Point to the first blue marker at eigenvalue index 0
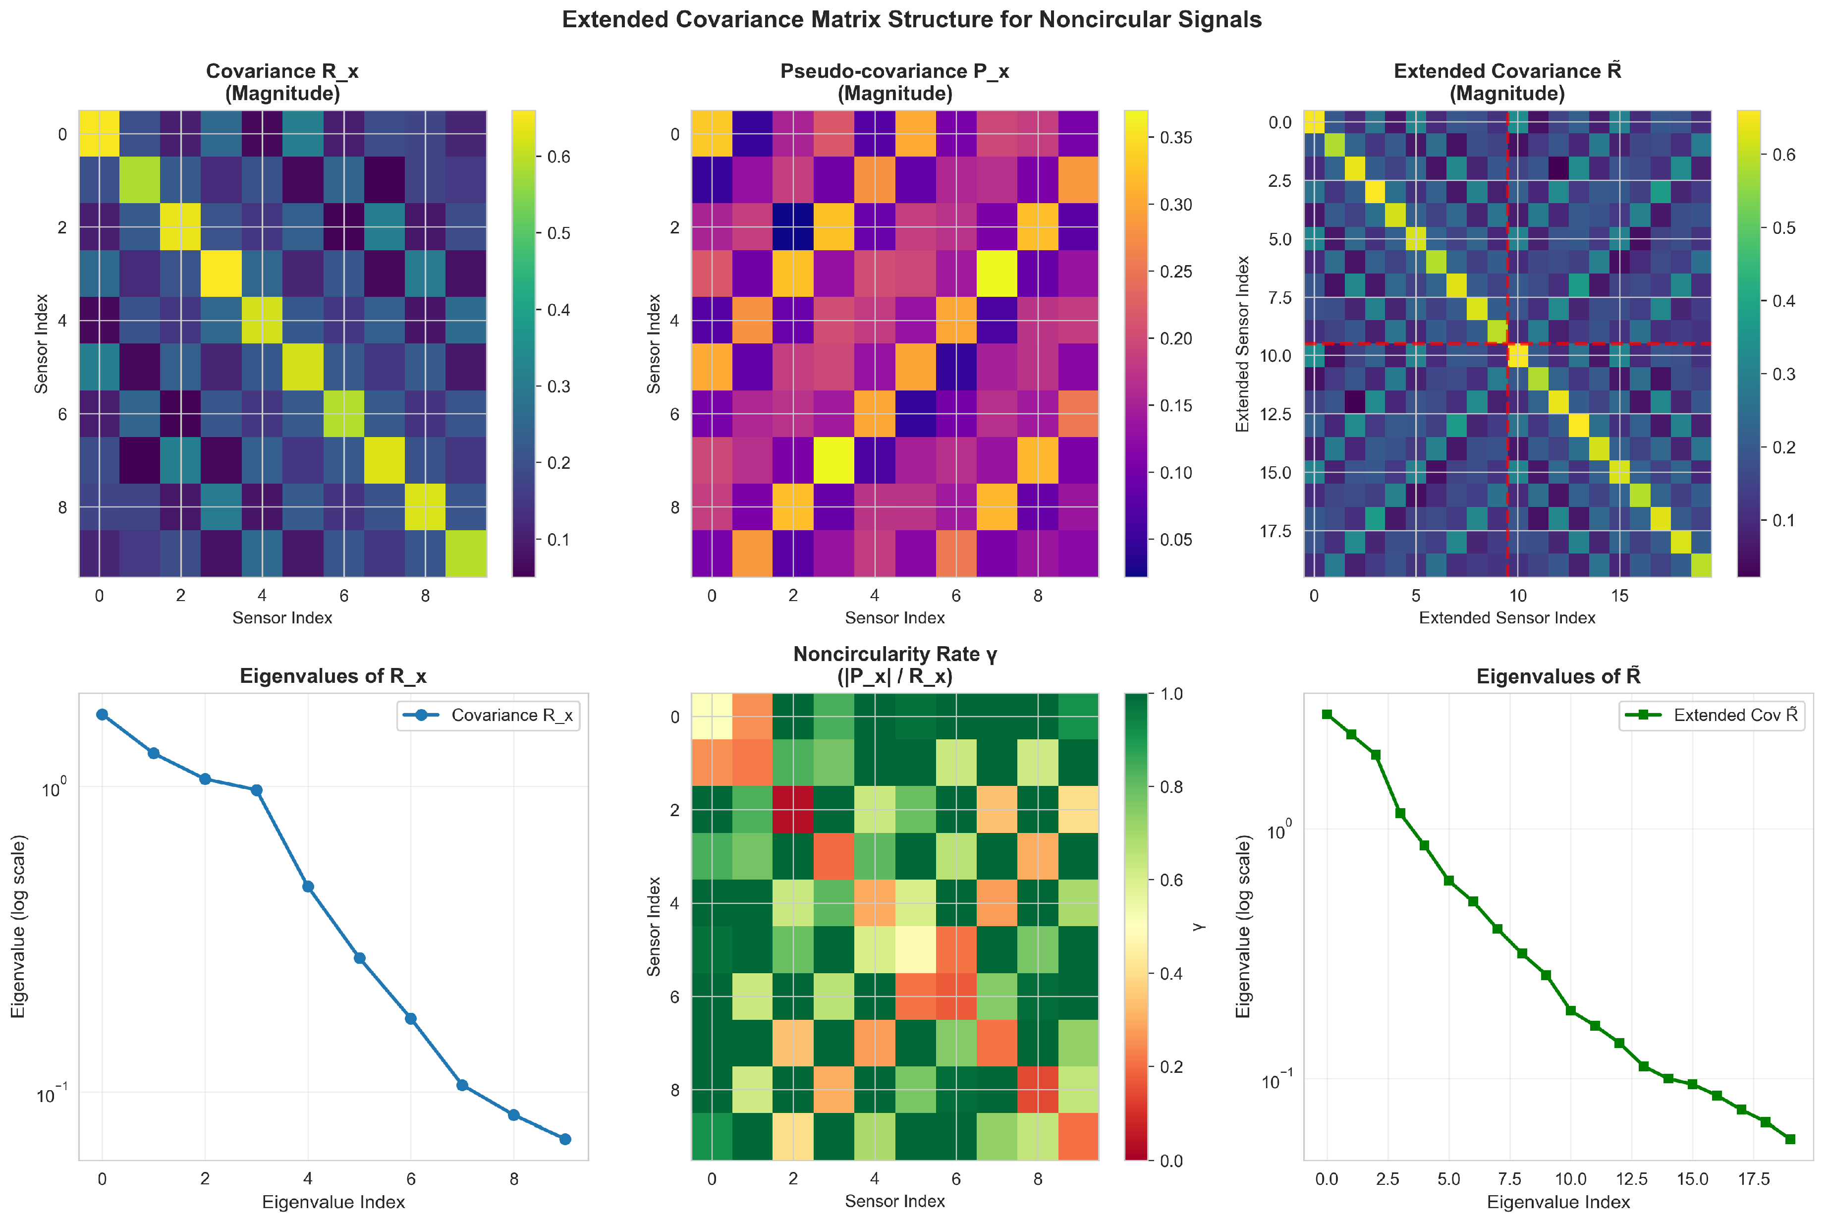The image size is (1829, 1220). [102, 714]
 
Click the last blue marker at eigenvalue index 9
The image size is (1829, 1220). [565, 1139]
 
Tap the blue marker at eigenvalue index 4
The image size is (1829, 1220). [308, 886]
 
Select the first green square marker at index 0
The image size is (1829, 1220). [1327, 714]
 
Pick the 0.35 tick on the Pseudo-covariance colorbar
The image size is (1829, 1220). [1175, 138]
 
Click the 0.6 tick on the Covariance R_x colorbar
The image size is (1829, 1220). [558, 157]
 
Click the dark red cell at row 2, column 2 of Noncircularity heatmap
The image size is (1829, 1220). [793, 809]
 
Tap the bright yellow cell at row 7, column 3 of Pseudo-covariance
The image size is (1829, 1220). [834, 460]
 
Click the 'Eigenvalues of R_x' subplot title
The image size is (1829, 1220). [333, 675]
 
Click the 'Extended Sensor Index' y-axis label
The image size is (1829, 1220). [1242, 344]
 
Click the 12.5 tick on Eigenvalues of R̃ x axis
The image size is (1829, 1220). [1631, 1179]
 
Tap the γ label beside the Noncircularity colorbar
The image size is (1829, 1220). [1199, 926]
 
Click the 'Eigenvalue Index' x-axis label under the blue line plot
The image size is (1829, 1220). [333, 1202]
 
